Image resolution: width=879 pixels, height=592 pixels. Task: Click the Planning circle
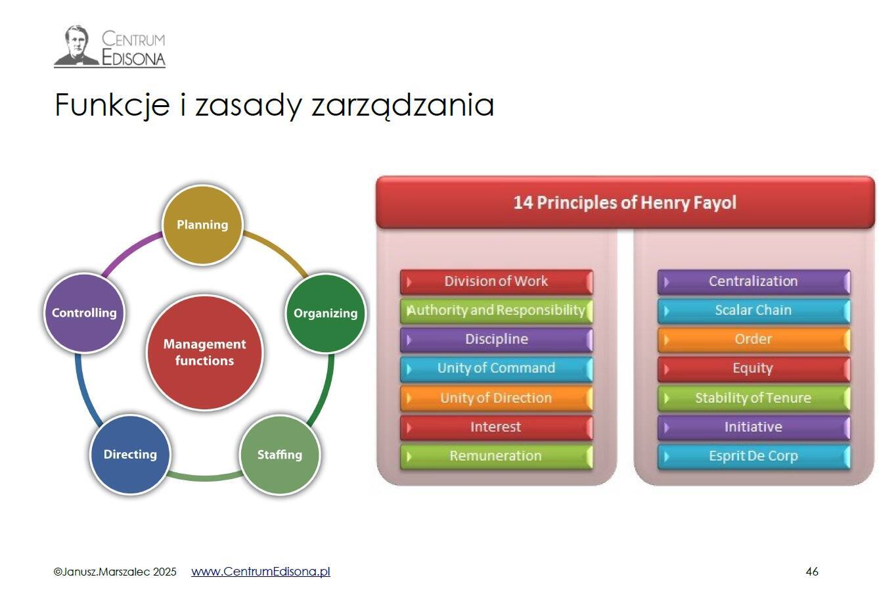coord(202,225)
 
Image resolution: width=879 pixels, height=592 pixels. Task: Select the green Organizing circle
coord(326,313)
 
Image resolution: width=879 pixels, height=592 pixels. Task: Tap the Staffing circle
coord(280,455)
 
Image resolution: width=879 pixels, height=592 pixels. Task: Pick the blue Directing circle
coord(130,455)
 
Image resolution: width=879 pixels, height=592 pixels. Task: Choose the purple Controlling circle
coord(84,313)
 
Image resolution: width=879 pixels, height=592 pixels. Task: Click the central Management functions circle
coord(204,353)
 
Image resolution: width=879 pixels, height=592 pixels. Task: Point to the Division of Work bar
coord(497,281)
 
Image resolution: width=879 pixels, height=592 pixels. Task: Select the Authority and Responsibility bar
coord(497,311)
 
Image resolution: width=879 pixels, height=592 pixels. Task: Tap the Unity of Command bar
coord(497,369)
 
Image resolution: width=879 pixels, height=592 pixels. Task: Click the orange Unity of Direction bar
coord(497,398)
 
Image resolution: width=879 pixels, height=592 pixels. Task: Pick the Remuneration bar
coord(497,456)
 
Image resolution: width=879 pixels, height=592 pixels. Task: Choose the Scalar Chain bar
coord(754,311)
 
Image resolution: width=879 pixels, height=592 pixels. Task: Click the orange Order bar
coord(754,340)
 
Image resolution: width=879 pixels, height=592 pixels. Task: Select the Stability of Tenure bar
coord(754,398)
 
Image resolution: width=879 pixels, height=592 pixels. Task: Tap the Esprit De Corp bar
coord(754,456)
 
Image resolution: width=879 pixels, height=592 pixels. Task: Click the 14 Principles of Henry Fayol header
coord(625,202)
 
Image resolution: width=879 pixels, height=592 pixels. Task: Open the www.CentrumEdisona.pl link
coord(261,572)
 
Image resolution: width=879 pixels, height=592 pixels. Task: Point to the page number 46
coord(812,572)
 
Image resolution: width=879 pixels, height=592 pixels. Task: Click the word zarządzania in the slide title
coord(403,105)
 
